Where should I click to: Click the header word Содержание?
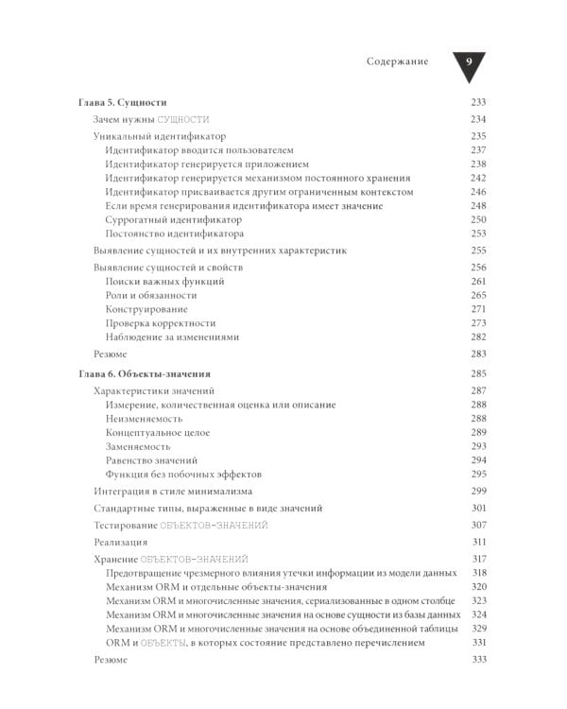click(397, 61)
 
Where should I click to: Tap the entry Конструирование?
click(146, 309)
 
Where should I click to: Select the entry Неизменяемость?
click(145, 419)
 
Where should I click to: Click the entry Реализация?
click(121, 543)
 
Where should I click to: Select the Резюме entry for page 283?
click(111, 354)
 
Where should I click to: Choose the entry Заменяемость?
click(139, 446)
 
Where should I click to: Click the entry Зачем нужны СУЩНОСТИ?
click(151, 119)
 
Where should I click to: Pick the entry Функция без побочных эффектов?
click(183, 474)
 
